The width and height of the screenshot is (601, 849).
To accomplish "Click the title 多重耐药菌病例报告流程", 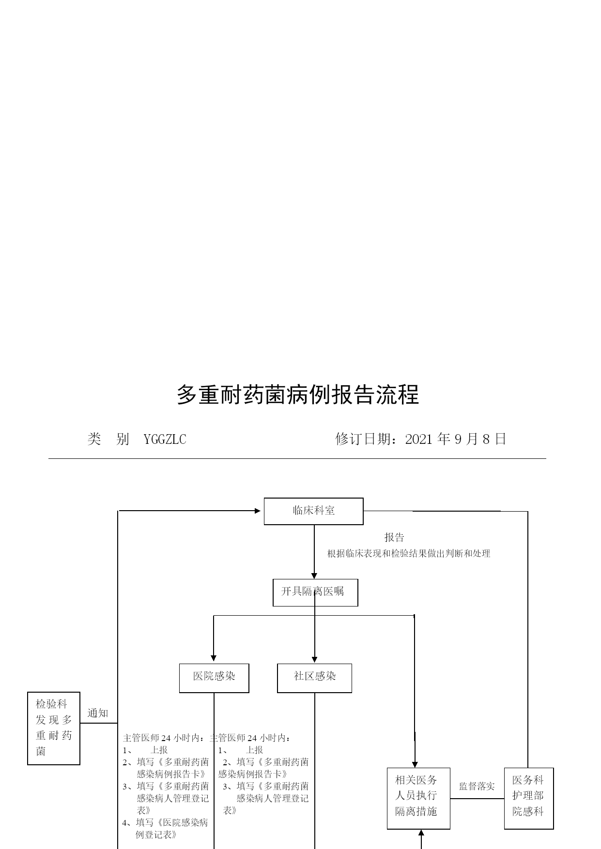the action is [x=297, y=394].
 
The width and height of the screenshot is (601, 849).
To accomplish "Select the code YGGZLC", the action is [x=165, y=439].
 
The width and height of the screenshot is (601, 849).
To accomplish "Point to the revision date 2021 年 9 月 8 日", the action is [x=456, y=439].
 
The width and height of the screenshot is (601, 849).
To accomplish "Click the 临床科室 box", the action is [x=313, y=511].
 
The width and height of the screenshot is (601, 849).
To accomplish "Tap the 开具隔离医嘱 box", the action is [x=315, y=592].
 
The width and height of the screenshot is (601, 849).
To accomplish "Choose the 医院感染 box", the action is [x=214, y=678].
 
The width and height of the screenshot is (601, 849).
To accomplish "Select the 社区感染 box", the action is [x=314, y=678].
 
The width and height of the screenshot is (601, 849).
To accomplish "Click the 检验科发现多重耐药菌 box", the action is [x=54, y=728].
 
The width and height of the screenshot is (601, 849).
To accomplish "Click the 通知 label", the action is [x=98, y=713].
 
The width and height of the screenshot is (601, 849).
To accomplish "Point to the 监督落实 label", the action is [x=477, y=786].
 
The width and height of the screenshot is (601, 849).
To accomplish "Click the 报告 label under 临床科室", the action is [x=394, y=537].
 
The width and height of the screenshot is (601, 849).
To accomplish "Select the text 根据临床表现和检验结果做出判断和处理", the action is [x=409, y=553].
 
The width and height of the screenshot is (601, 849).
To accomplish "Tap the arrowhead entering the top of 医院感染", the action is [x=214, y=658].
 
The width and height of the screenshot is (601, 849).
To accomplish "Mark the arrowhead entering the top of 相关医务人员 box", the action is [x=415, y=764].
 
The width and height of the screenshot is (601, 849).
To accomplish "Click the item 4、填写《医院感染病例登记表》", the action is [x=165, y=828].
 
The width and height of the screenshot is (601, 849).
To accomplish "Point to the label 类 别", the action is [x=108, y=439].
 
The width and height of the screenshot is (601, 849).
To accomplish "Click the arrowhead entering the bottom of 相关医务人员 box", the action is [x=421, y=833].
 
